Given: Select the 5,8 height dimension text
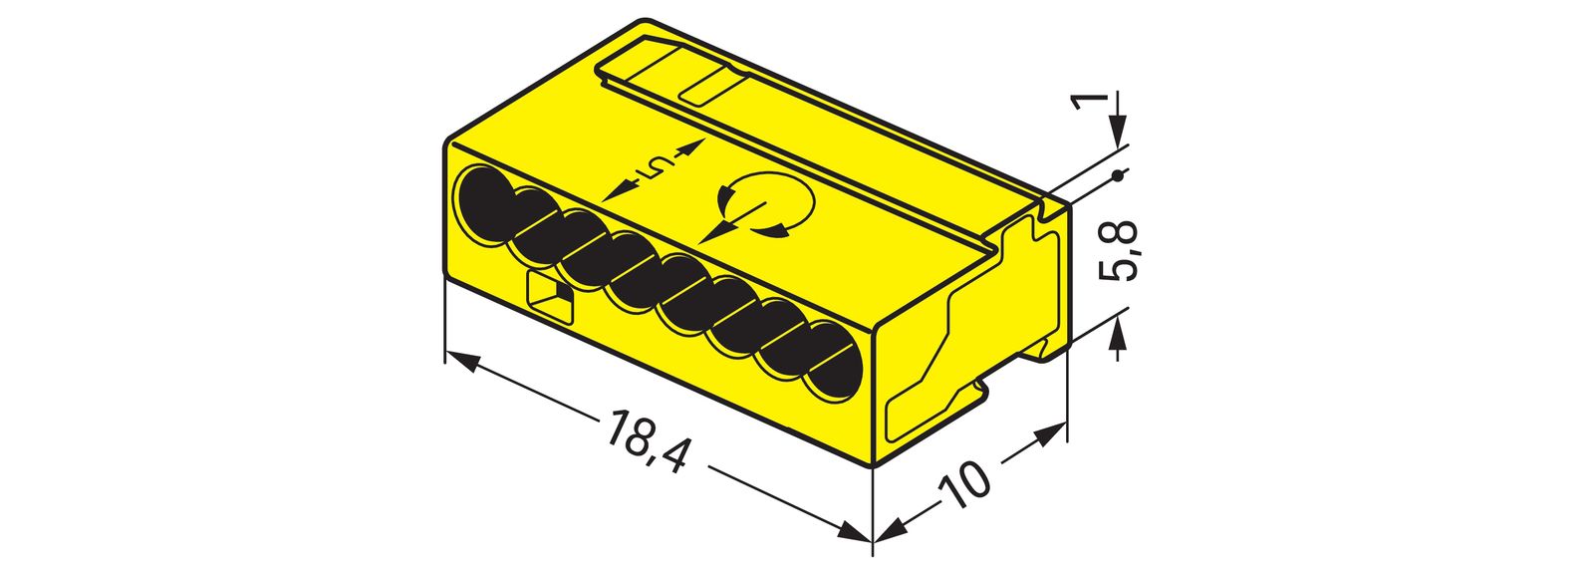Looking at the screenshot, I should (x=1121, y=251).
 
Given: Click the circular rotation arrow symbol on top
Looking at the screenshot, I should (x=765, y=209).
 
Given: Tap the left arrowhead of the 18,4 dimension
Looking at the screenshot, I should (x=459, y=360).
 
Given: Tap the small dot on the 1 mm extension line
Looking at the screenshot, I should (x=1118, y=177).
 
